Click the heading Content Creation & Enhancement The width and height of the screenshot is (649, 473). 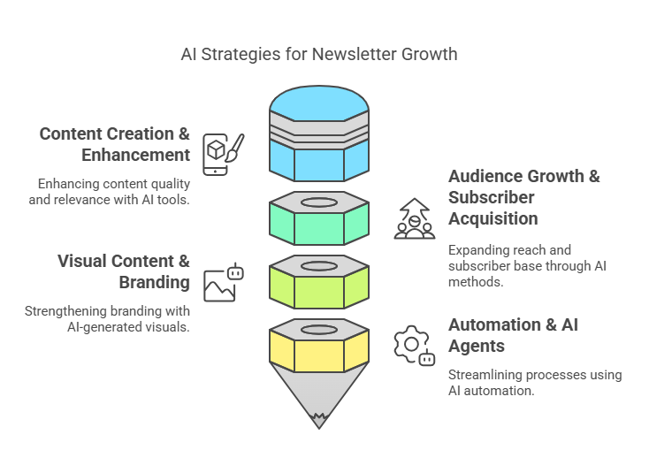[x=115, y=144]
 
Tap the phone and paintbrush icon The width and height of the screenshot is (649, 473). [x=224, y=155]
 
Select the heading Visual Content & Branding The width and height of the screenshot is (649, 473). [x=123, y=272]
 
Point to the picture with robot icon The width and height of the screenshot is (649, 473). [x=224, y=282]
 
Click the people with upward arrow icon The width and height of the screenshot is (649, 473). [x=415, y=218]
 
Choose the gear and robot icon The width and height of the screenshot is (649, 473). [x=415, y=346]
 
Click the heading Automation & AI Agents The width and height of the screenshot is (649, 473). [x=513, y=335]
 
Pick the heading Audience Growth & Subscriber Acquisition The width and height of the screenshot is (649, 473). [x=524, y=197]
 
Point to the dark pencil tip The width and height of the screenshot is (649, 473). [x=319, y=421]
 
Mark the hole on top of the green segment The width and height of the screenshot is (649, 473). [x=319, y=202]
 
